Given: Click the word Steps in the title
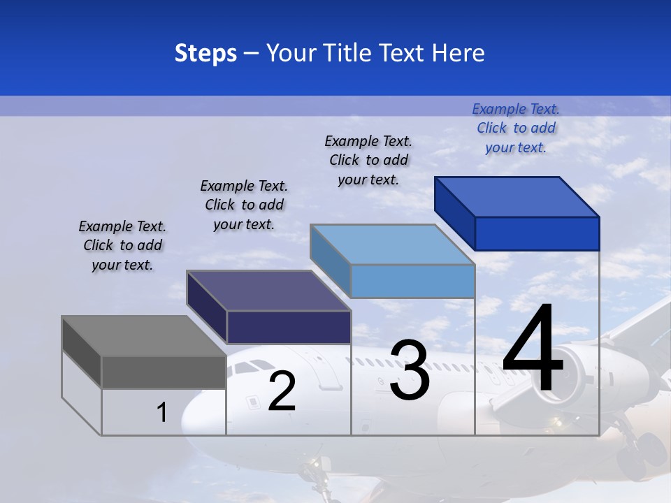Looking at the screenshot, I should [x=205, y=53].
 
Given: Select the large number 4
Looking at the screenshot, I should [x=533, y=349].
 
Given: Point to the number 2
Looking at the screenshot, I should [x=282, y=391].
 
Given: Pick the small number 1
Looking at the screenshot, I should [x=161, y=413].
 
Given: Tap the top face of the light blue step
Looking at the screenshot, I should [x=391, y=245].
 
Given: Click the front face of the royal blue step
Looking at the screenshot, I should [x=537, y=233].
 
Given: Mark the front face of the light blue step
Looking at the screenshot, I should [x=412, y=281].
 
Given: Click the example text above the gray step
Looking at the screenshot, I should [x=122, y=246].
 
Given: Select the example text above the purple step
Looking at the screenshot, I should [x=244, y=205].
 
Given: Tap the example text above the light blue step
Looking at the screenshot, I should [x=368, y=160].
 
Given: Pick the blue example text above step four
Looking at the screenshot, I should [x=516, y=128].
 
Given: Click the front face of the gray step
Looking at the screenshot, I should [x=164, y=372].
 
